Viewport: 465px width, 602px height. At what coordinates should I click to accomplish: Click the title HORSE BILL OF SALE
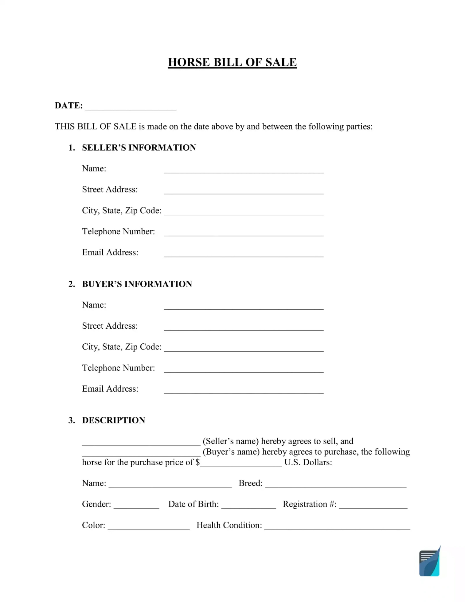point(232,62)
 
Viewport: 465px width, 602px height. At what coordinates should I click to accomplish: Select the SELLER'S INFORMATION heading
point(139,147)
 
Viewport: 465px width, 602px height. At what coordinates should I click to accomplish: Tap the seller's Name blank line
point(244,170)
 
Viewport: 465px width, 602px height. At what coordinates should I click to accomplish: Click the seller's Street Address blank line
point(244,191)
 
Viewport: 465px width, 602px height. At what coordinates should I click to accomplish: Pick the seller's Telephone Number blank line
point(244,233)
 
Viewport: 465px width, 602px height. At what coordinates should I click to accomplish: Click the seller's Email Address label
point(110,252)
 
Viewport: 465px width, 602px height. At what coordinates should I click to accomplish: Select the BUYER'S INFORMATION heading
point(137,284)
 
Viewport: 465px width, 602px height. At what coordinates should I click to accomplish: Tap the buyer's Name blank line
point(244,306)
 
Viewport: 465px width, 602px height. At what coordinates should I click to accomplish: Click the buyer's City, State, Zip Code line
point(244,348)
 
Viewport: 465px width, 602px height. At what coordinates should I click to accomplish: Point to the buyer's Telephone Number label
point(118,368)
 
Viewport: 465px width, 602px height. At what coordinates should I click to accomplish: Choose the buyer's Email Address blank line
point(244,390)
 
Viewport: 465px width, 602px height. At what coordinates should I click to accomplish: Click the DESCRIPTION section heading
point(114,420)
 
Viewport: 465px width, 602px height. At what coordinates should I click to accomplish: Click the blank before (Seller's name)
point(141,443)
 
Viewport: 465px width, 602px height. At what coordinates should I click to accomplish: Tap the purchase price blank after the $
point(241,464)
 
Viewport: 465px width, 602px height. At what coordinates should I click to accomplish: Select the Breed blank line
point(336,485)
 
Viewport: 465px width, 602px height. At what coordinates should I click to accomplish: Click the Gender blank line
point(136,506)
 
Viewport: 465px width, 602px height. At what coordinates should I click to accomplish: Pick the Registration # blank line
point(373,506)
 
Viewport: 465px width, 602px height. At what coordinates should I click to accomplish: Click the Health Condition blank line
point(337,527)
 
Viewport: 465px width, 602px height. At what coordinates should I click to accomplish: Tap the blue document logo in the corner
point(429,562)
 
